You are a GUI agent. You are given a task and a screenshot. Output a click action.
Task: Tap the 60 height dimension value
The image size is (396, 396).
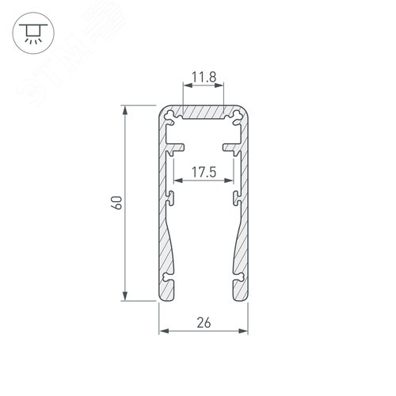click(x=116, y=203)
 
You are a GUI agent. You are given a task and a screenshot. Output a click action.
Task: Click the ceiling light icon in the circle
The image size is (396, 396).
click(x=31, y=31)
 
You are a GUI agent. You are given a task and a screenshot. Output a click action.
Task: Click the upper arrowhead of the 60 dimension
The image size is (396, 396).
click(x=124, y=109)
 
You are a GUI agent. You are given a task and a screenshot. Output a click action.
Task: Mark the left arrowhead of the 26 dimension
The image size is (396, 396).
click(x=163, y=330)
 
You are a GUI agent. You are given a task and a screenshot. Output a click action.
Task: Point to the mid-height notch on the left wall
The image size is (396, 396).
click(x=169, y=196)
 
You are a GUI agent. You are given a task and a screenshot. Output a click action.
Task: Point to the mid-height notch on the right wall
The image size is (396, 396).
click(x=238, y=196)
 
